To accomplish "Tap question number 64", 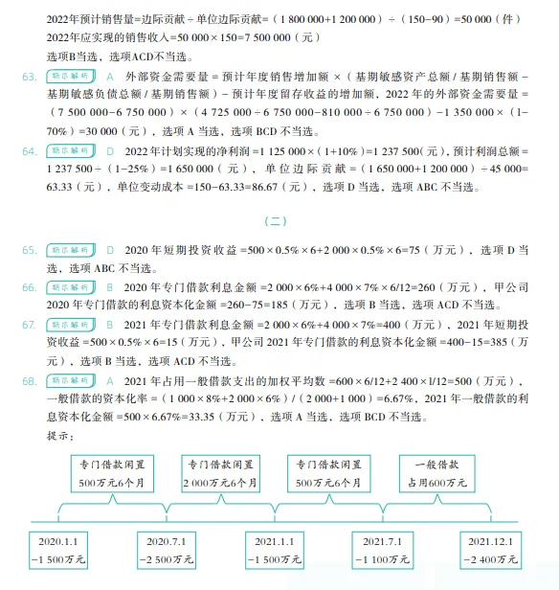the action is [x=29, y=151].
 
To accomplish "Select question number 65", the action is [x=29, y=250].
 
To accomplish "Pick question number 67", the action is [x=29, y=325].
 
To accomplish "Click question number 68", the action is [x=29, y=380].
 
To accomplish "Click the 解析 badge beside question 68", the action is [x=70, y=380].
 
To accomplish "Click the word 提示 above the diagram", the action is [x=59, y=436].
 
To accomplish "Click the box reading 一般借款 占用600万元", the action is [x=438, y=472].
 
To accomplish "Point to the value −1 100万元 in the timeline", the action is [x=386, y=558].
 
